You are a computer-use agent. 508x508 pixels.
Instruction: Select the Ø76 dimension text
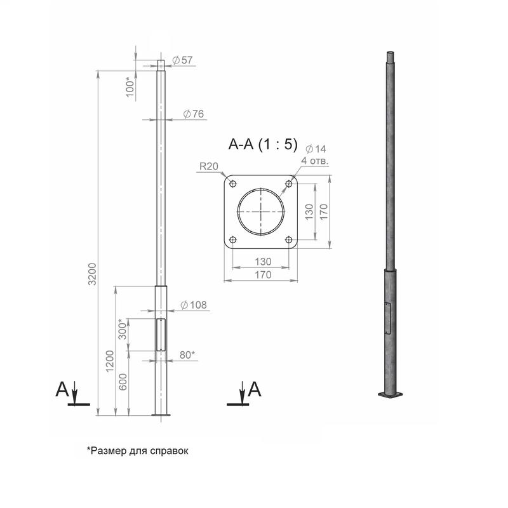click(x=193, y=114)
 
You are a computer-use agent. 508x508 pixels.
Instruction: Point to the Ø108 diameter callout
click(x=194, y=305)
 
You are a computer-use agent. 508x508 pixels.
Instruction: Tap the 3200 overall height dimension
click(x=93, y=274)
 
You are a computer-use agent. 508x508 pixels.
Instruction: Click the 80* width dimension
click(x=187, y=355)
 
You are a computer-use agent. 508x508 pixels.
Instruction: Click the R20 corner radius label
click(x=209, y=167)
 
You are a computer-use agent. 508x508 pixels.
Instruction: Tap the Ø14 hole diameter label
click(x=315, y=149)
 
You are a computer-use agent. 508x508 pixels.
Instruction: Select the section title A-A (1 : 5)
click(x=262, y=145)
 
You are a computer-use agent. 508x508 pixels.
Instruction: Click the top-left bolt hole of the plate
click(x=233, y=184)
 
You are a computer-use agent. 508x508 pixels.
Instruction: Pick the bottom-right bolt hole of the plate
click(x=289, y=240)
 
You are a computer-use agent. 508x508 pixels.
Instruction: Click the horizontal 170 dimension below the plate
click(x=262, y=275)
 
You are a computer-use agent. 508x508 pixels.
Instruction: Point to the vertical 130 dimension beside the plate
click(x=309, y=212)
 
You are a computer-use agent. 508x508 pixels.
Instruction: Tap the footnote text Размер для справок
click(x=138, y=450)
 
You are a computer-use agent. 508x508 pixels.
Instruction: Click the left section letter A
click(x=62, y=389)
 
